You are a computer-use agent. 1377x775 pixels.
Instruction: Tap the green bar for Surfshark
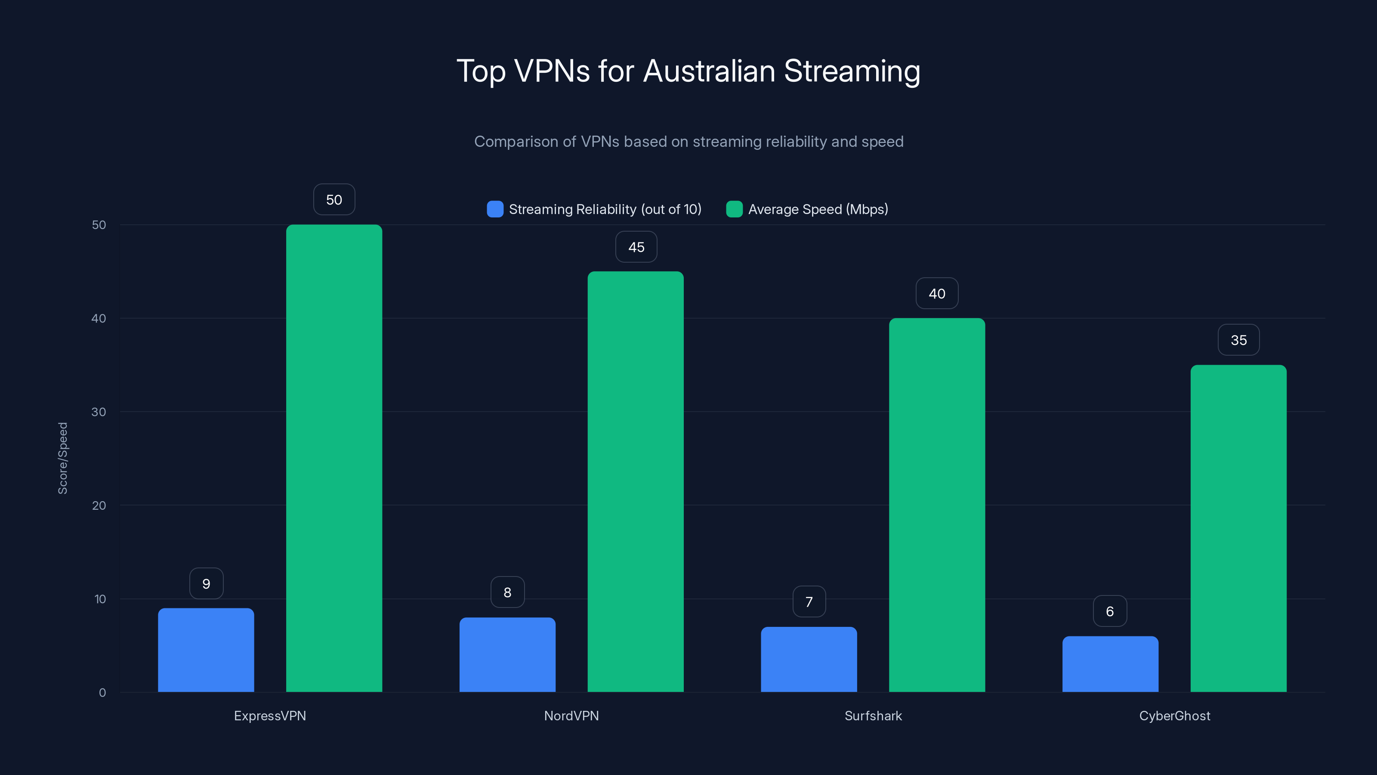pos(936,505)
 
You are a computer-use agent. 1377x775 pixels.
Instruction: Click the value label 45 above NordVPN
pos(636,247)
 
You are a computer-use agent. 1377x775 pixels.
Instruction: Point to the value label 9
pos(207,583)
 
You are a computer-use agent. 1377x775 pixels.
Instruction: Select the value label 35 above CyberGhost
pos(1238,340)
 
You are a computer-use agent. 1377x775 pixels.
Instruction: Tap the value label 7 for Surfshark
pos(809,602)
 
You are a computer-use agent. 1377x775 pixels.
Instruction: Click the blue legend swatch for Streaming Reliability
pos(495,209)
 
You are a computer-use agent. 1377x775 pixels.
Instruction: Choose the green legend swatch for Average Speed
pos(734,209)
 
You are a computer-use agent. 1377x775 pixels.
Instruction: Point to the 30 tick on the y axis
pos(99,412)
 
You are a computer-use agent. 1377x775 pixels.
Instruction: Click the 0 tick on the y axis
pos(102,693)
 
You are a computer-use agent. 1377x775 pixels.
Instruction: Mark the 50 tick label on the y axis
pos(99,225)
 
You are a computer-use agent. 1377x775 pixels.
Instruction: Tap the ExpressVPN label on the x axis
pos(270,716)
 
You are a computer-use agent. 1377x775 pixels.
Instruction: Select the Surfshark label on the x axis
pos(873,716)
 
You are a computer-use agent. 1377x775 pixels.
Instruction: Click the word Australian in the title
pos(709,71)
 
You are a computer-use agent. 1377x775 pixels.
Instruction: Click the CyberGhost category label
pos(1174,716)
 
